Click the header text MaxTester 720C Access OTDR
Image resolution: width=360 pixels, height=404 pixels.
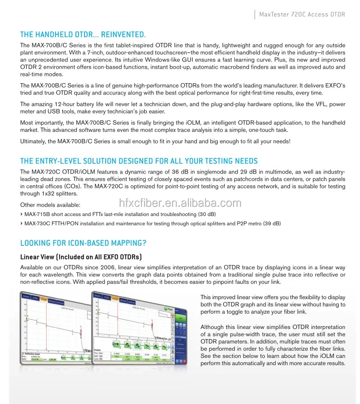[302, 14]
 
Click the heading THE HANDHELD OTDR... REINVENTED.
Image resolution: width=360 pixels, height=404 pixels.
[83, 34]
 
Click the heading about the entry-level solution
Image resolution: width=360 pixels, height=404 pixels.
[139, 161]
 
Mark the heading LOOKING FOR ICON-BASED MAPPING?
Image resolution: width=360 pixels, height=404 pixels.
[83, 243]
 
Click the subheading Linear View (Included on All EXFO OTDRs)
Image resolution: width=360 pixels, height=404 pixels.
[81, 257]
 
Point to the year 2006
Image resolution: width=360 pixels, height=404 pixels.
[101, 268]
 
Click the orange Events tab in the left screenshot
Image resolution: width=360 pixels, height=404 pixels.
[44, 299]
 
